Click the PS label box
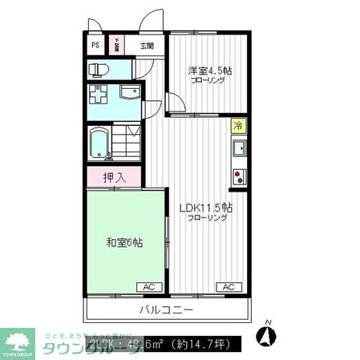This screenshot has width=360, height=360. tap(95, 46)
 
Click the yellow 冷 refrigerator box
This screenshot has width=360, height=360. tap(237, 125)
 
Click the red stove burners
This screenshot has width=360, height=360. tap(237, 176)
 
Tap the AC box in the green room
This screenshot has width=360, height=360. tap(149, 286)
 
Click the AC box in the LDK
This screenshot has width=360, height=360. tap(227, 286)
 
